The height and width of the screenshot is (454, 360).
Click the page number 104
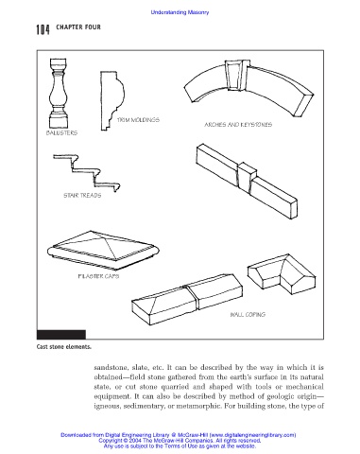[43, 29]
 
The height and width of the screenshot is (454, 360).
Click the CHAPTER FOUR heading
[78, 27]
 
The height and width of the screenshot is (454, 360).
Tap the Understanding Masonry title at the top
[180, 12]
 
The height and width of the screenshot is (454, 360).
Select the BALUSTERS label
[61, 132]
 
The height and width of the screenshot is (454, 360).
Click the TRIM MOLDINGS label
[138, 120]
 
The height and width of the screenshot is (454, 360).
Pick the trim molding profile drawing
[112, 100]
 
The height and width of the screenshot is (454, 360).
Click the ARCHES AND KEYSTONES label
[238, 125]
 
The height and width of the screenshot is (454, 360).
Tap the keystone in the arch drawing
[236, 75]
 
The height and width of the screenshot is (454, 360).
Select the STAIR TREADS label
[82, 195]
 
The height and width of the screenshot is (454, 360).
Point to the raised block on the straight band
[247, 177]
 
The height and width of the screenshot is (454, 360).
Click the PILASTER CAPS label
[98, 276]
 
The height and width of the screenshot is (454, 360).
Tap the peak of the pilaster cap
[91, 232]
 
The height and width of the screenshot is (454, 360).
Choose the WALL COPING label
[248, 314]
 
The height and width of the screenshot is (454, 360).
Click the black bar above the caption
[61, 334]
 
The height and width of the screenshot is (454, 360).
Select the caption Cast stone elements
[64, 347]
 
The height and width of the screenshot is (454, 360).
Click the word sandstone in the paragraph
[111, 368]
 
